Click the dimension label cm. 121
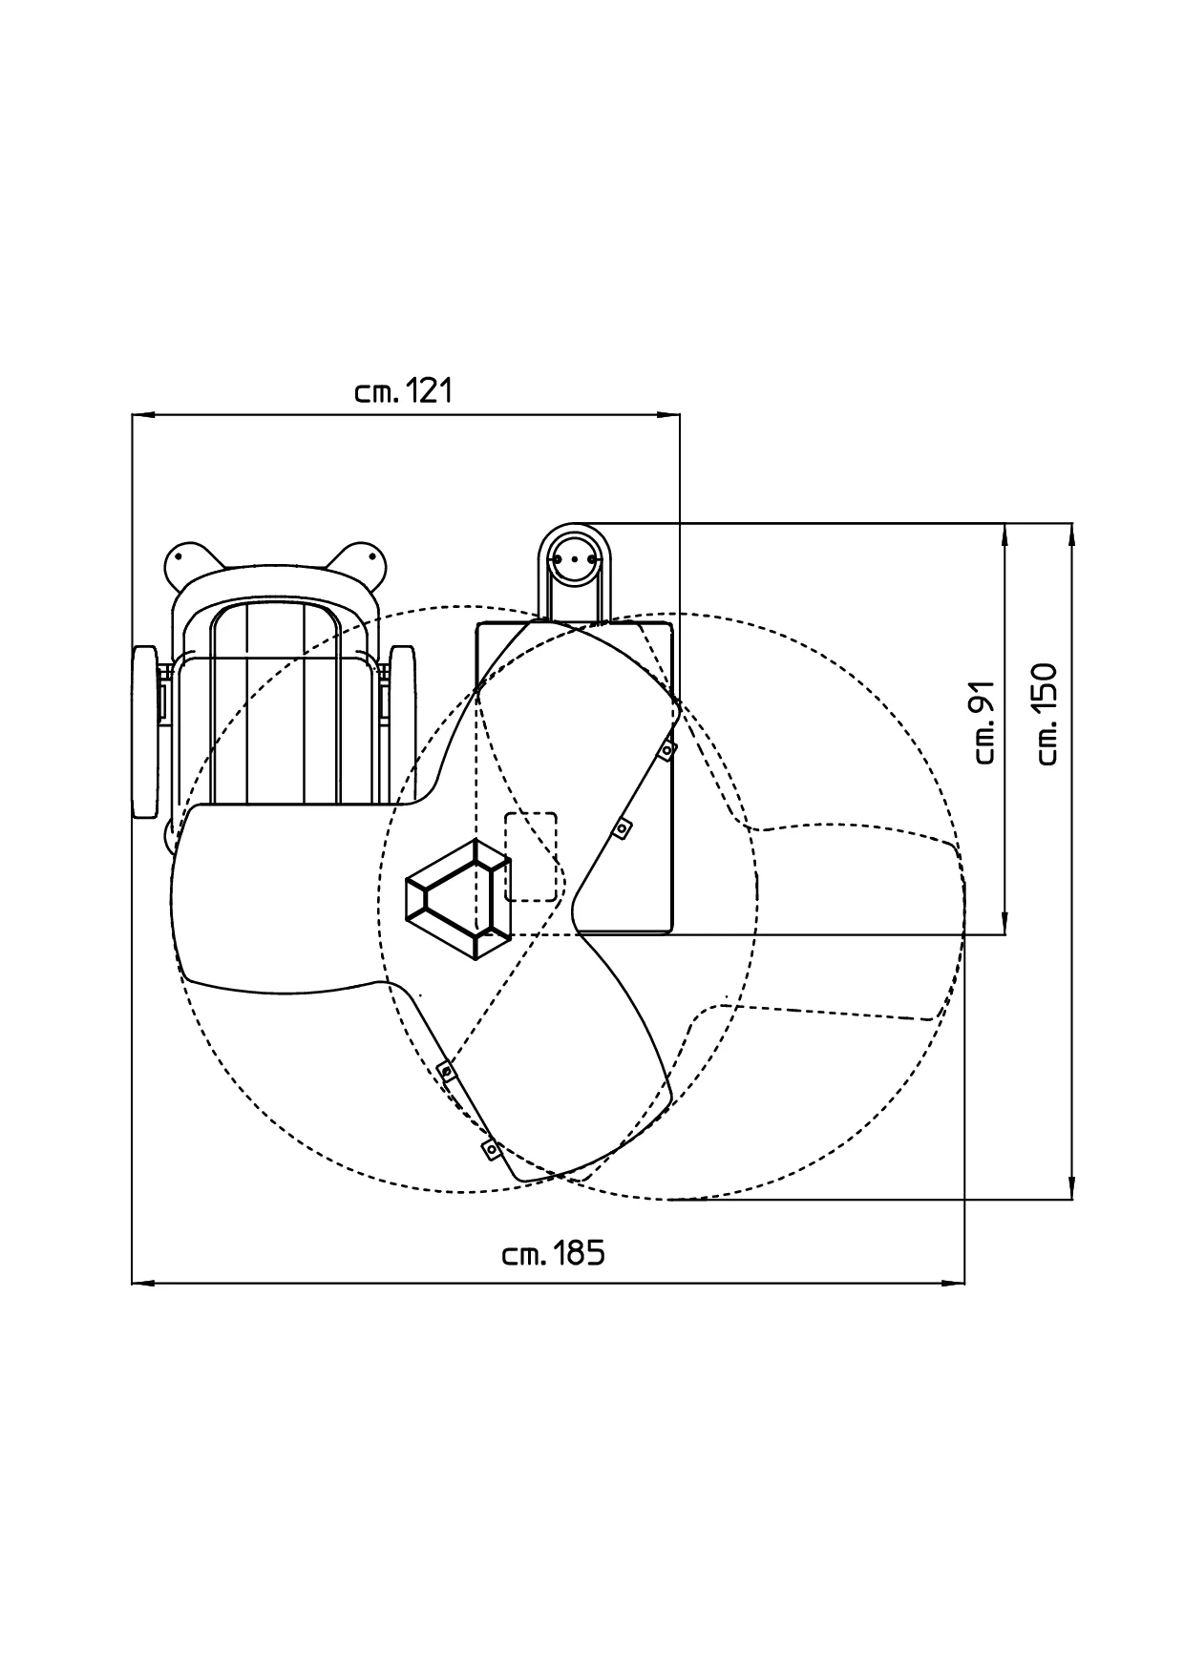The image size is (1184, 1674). [x=402, y=391]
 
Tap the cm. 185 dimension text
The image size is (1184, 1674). [x=554, y=1253]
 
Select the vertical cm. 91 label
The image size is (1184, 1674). [x=986, y=722]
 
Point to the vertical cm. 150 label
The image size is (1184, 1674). [x=1047, y=713]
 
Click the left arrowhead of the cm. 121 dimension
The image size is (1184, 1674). [x=142, y=415]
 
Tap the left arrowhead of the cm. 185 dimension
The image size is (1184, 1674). [x=142, y=1284]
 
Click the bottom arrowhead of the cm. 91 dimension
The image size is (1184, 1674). [x=1006, y=923]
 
